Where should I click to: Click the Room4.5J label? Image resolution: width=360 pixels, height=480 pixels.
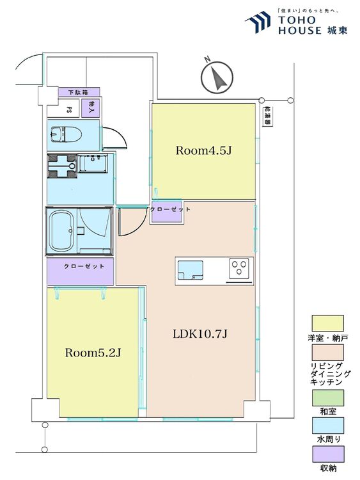click(x=203, y=150)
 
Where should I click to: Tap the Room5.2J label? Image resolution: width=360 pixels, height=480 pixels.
click(x=93, y=353)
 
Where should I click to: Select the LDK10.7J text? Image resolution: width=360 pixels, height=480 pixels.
click(x=200, y=333)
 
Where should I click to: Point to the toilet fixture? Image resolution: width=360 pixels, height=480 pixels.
click(x=66, y=134)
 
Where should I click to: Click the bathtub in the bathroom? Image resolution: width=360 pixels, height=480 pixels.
click(x=63, y=230)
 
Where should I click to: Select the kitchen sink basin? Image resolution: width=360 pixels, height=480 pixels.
click(x=190, y=270)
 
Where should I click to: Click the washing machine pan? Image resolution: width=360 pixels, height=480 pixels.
click(x=62, y=166)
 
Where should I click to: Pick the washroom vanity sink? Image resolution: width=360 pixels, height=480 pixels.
click(x=93, y=163)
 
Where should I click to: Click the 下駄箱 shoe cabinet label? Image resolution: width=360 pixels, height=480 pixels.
click(x=79, y=92)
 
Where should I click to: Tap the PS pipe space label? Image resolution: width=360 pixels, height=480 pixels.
click(x=69, y=109)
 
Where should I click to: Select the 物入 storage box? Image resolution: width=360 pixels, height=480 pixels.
click(x=91, y=108)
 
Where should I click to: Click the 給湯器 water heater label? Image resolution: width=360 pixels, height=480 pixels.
click(x=268, y=116)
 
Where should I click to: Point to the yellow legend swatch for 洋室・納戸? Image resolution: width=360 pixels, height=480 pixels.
click(x=327, y=323)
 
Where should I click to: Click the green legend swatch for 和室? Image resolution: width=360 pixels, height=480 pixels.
click(x=328, y=397)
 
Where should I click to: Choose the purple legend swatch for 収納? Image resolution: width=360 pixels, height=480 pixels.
click(x=328, y=454)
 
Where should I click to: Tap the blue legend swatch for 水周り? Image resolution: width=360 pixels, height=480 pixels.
click(x=328, y=426)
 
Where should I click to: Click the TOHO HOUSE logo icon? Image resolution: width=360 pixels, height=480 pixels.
click(x=258, y=22)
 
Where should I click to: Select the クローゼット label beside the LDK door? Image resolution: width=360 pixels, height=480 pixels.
click(x=170, y=209)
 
